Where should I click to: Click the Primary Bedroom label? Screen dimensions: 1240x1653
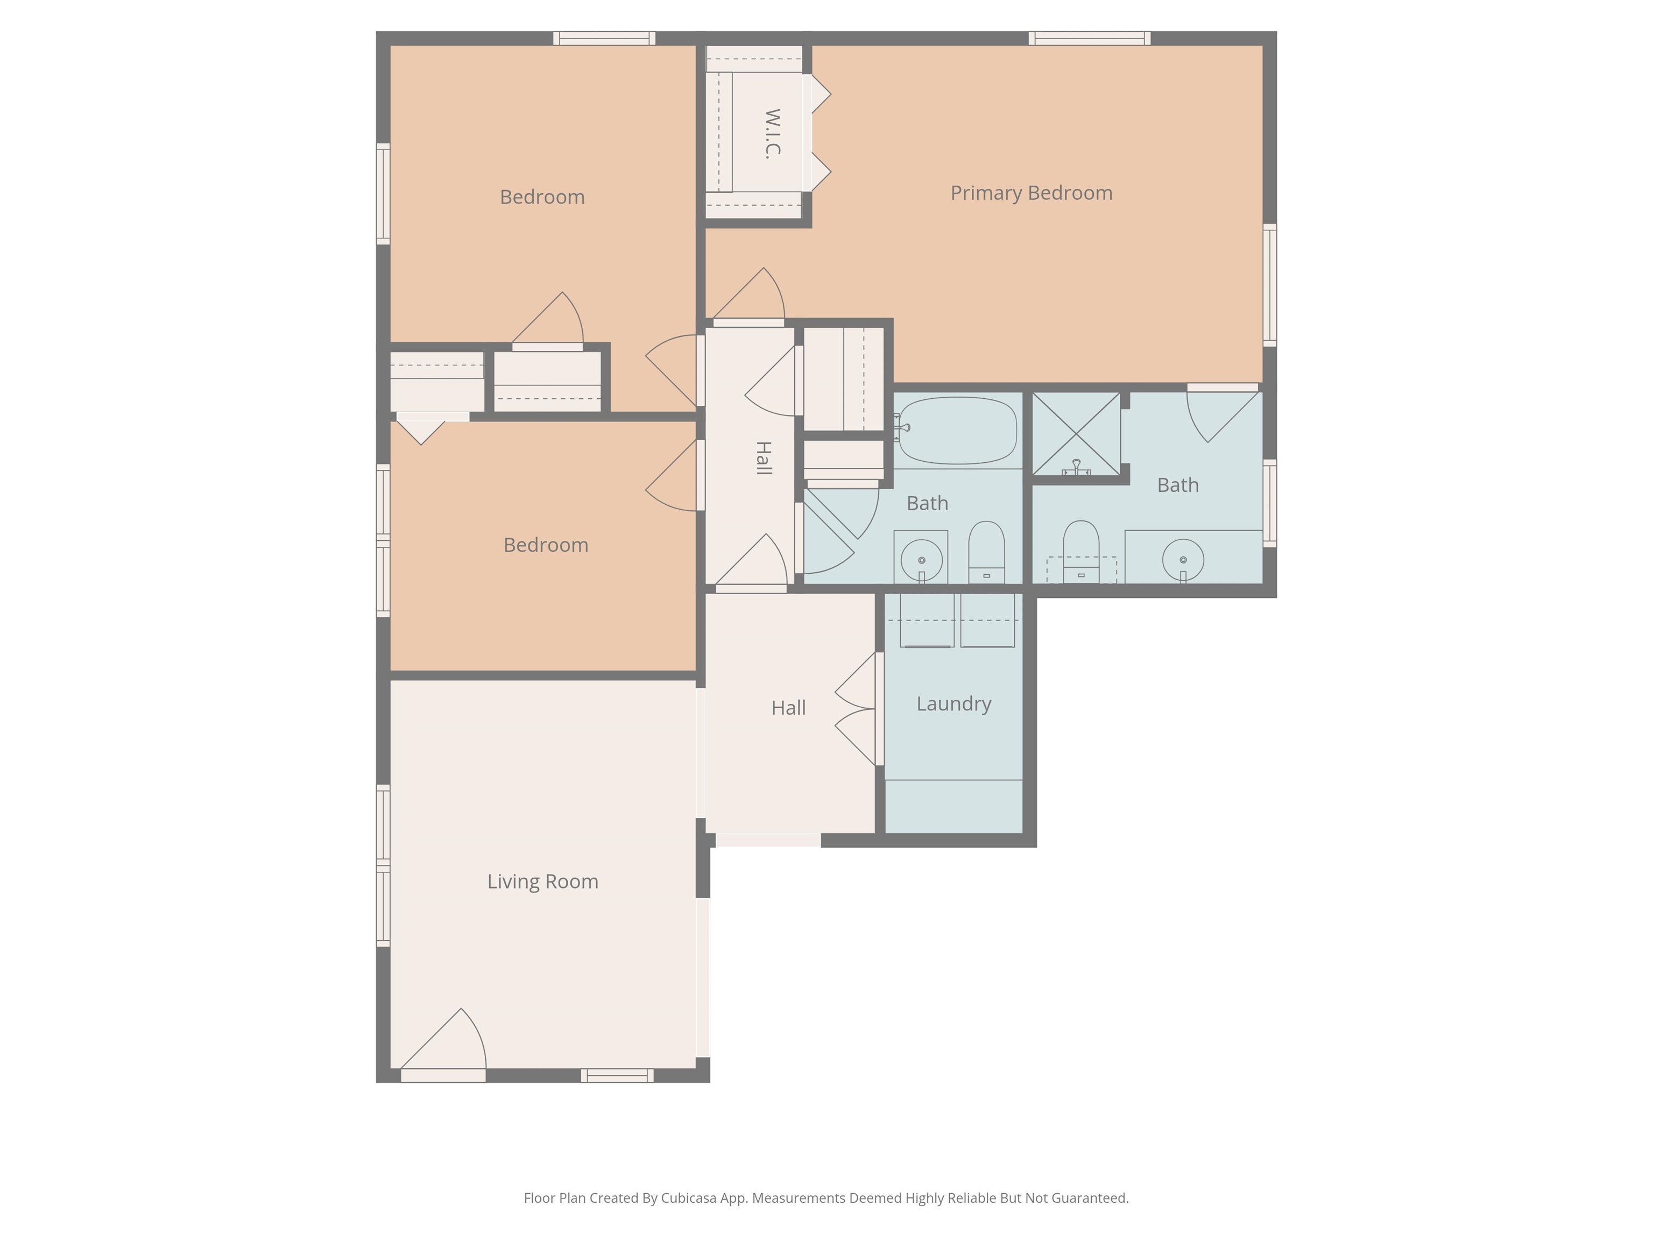[x=1032, y=193]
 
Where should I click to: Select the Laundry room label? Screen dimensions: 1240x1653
[x=953, y=703]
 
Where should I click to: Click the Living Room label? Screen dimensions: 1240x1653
[x=542, y=881]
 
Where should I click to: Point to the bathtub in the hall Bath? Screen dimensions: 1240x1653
[x=957, y=431]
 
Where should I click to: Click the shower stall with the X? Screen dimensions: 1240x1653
[x=1076, y=433]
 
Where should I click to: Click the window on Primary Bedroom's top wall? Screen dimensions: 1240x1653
[x=1089, y=38]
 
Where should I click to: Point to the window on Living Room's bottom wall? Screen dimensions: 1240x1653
[x=617, y=1075]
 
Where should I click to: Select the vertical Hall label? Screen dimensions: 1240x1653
[x=762, y=458]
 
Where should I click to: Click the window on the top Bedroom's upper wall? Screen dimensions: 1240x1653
[x=604, y=38]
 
